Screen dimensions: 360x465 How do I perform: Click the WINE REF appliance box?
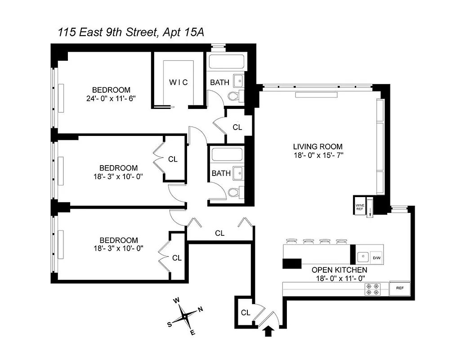pyautogui.click(x=360, y=205)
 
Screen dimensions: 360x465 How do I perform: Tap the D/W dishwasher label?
pyautogui.click(x=376, y=258)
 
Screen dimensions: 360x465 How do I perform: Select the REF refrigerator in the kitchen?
pyautogui.click(x=399, y=288)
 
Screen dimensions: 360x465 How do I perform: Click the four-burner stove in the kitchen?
pyautogui.click(x=372, y=288)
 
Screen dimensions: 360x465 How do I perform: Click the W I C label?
pyautogui.click(x=178, y=82)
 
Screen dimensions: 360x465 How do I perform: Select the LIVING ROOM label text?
pyautogui.click(x=317, y=147)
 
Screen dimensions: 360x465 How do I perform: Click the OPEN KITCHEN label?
pyautogui.click(x=340, y=270)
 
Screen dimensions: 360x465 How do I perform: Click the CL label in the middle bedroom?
pyautogui.click(x=173, y=159)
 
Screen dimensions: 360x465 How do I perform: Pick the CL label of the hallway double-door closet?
pyautogui.click(x=219, y=233)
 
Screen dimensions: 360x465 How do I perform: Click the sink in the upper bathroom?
pyautogui.click(x=239, y=81)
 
